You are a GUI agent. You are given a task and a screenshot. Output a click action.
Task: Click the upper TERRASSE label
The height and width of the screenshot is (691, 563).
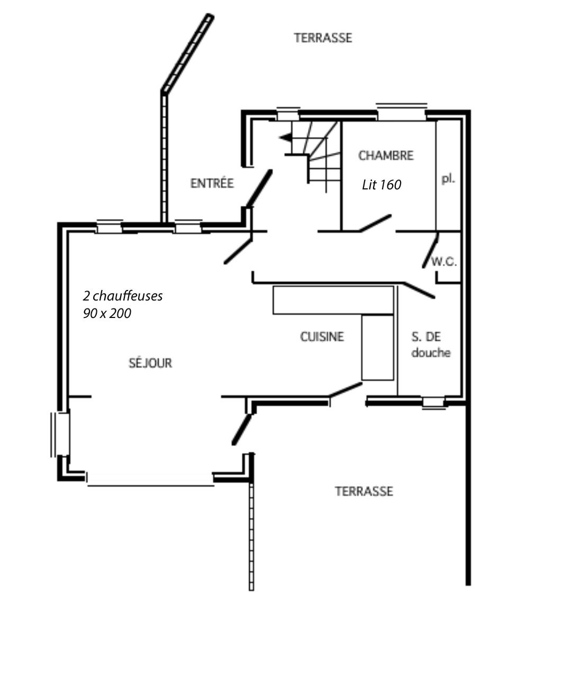[323, 38]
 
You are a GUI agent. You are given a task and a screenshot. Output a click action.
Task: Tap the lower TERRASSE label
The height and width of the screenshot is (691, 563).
[364, 491]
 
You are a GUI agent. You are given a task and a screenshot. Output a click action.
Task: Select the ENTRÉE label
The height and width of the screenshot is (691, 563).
[212, 183]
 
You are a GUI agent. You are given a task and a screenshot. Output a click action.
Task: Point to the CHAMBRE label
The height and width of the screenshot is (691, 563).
[386, 156]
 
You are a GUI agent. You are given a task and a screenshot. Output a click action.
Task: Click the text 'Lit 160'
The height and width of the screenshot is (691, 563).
[382, 185]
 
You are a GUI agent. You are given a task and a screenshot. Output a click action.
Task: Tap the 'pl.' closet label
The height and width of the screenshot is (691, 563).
[449, 179]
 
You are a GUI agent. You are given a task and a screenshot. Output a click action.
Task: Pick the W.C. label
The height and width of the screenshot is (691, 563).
[444, 261]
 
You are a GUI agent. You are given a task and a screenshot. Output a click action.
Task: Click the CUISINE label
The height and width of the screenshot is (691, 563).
[322, 337]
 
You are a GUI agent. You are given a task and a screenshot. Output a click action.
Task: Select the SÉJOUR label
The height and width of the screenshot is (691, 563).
[150, 362]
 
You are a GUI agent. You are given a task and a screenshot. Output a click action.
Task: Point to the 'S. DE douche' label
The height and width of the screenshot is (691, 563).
[431, 344]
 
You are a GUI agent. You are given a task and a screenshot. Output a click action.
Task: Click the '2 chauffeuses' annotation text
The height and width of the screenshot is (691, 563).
[123, 296]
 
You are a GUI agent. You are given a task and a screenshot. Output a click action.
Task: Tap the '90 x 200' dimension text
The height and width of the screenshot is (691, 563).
[107, 313]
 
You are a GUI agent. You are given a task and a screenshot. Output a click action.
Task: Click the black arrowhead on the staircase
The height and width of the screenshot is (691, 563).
[286, 138]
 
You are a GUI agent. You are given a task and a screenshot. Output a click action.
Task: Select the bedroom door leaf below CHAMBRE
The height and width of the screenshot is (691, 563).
[376, 223]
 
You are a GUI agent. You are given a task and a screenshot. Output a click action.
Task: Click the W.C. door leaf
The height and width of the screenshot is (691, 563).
[430, 250]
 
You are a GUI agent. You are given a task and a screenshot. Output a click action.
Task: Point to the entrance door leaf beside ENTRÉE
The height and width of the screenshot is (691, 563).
[259, 188]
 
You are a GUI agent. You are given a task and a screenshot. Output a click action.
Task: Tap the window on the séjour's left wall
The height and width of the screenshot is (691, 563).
[60, 434]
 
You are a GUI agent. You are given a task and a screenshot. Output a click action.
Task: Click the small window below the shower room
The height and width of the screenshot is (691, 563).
[433, 402]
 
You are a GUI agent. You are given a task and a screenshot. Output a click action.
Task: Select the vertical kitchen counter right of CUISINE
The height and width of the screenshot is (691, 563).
[378, 347]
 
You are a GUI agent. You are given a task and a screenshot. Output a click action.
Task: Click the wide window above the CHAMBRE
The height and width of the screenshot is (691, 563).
[402, 112]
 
